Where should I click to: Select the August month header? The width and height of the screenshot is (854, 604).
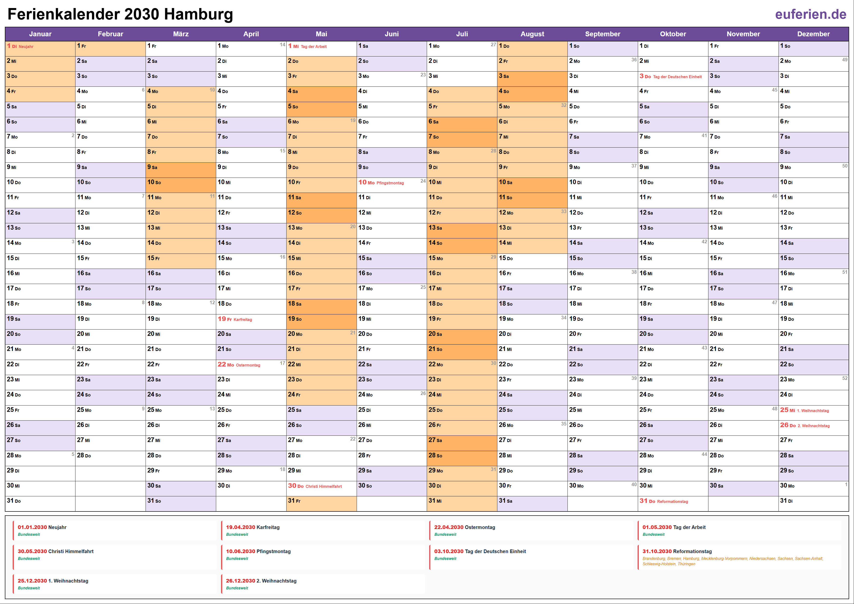pyautogui.click(x=532, y=34)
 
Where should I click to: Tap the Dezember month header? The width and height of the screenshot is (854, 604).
pyautogui.click(x=813, y=34)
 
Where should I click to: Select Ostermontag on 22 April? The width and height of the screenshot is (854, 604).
pyautogui.click(x=248, y=365)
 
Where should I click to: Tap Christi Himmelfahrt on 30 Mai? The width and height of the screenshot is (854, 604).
pyautogui.click(x=323, y=486)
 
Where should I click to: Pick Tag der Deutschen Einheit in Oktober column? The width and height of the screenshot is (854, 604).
pyautogui.click(x=677, y=77)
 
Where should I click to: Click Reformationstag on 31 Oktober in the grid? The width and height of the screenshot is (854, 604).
pyautogui.click(x=672, y=502)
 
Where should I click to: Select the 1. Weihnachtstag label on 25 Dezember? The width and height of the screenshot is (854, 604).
pyautogui.click(x=813, y=411)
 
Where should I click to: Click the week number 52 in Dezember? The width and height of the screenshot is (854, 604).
pyautogui.click(x=845, y=378)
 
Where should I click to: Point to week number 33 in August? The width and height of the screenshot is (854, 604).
pyautogui.click(x=564, y=211)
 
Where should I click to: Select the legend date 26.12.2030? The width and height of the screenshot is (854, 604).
pyautogui.click(x=240, y=581)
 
